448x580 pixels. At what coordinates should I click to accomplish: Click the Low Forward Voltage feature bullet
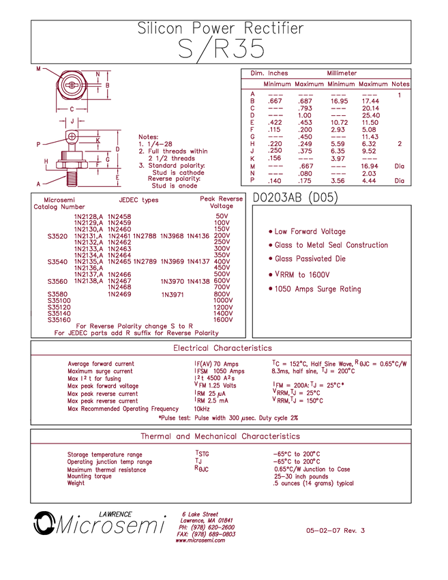[308, 231]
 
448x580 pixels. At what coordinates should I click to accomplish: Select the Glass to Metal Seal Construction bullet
[329, 245]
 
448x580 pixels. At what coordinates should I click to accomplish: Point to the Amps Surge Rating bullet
[316, 289]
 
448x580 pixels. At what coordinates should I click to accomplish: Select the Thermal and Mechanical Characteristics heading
[220, 436]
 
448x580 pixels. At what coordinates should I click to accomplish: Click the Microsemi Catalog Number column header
[55, 203]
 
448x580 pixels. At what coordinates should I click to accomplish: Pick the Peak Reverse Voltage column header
[216, 203]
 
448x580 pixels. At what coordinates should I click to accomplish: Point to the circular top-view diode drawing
[70, 85]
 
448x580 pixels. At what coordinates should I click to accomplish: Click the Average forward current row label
[101, 362]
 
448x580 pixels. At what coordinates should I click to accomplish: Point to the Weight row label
[74, 484]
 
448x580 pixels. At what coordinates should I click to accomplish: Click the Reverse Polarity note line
[136, 332]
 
